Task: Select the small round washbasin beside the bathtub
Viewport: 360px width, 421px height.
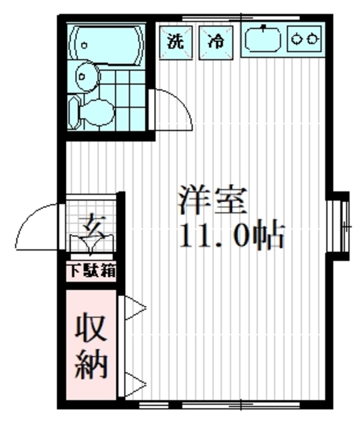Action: tap(86, 77)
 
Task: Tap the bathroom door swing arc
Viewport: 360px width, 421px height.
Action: tap(172, 109)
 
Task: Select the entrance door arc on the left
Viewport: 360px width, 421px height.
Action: tap(36, 227)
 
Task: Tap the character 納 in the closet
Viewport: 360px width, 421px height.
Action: tap(91, 365)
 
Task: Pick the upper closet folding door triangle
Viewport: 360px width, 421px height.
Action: tap(134, 308)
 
